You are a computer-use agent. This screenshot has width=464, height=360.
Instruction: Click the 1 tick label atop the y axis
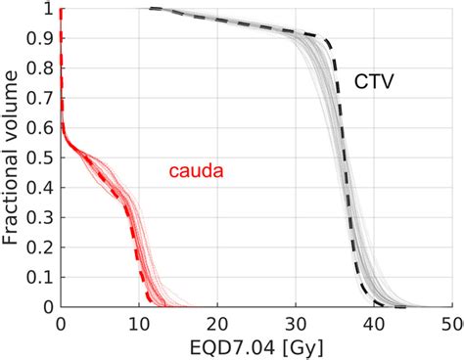48,10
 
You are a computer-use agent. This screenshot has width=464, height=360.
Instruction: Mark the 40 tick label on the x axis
374,323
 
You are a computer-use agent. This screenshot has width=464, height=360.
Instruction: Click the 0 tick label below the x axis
61,323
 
